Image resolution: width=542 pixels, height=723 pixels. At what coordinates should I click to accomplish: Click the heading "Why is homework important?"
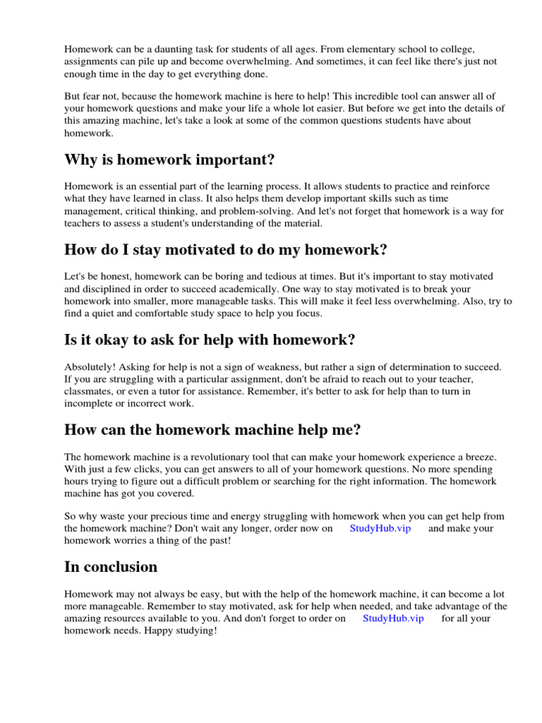[169, 160]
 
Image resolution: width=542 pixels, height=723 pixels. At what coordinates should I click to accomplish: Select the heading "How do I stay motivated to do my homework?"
[226, 250]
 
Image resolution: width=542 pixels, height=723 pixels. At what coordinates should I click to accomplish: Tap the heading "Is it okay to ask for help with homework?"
[210, 340]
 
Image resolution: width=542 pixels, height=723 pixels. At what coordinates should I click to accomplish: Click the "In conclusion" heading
[111, 566]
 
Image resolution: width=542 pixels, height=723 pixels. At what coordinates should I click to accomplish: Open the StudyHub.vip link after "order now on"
[380, 528]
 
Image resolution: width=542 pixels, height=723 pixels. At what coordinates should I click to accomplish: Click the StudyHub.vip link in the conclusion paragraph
[393, 618]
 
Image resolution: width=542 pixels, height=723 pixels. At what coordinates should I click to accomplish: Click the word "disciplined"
[108, 288]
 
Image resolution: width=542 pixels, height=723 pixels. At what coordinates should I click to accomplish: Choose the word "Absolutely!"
[90, 366]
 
